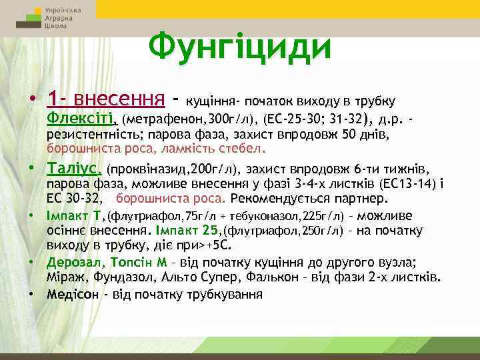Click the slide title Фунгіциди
239,46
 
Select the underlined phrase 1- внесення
106,100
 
